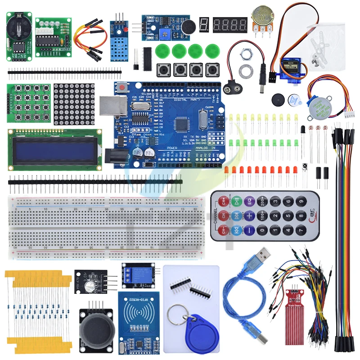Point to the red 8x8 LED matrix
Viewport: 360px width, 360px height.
pos(74,104)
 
